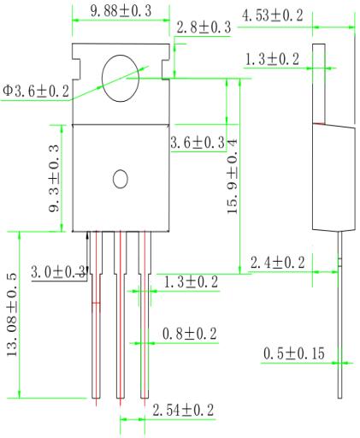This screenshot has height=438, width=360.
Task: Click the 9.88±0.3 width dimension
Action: coord(121,11)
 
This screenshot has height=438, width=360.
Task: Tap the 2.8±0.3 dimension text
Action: coord(204,27)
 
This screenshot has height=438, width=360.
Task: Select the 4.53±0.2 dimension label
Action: coord(272,15)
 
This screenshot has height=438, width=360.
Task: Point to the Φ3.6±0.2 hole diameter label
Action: coord(36,92)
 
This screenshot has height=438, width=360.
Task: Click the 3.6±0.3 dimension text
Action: coord(198,142)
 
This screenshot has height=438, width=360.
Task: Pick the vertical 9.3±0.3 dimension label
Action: coord(54,179)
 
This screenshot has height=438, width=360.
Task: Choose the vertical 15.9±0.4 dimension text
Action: coord(233,176)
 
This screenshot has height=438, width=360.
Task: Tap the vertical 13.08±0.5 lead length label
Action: coord(12,315)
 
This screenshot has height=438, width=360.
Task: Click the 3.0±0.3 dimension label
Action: coord(58,271)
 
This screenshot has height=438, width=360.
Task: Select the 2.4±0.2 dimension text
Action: coord(277,262)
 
